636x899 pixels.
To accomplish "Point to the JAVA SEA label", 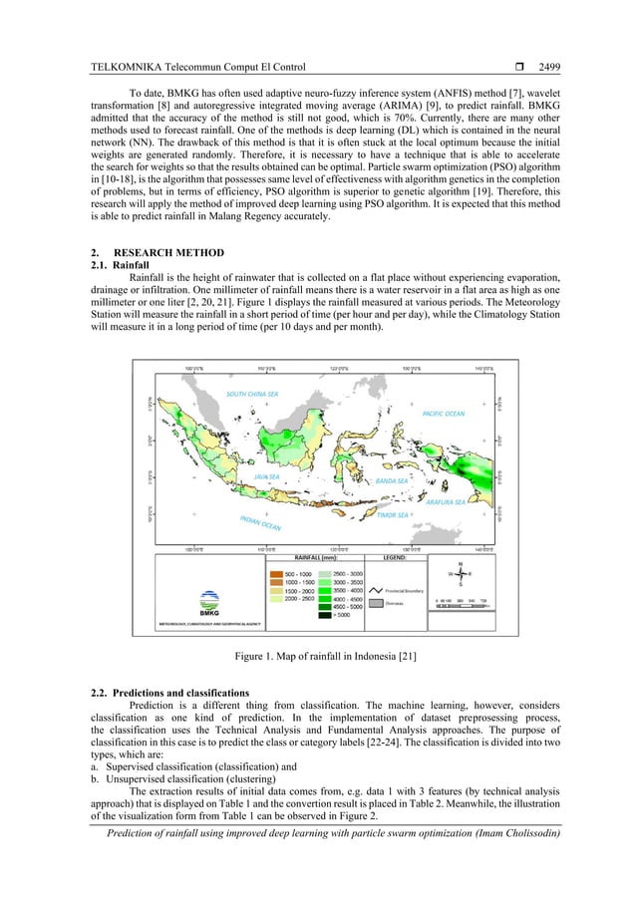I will pyautogui.click(x=266, y=476).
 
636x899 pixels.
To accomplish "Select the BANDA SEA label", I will pyautogui.click(x=391, y=480).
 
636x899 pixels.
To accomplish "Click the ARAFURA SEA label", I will pyautogui.click(x=446, y=502).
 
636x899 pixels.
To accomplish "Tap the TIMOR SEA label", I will pyautogui.click(x=391, y=515).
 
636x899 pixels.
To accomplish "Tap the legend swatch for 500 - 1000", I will pyautogui.click(x=274, y=574).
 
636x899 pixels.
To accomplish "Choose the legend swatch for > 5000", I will pyautogui.click(x=324, y=615).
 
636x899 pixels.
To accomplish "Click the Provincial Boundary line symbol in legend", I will pyautogui.click(x=378, y=590).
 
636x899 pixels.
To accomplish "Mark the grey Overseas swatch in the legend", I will pyautogui.click(x=378, y=603).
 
